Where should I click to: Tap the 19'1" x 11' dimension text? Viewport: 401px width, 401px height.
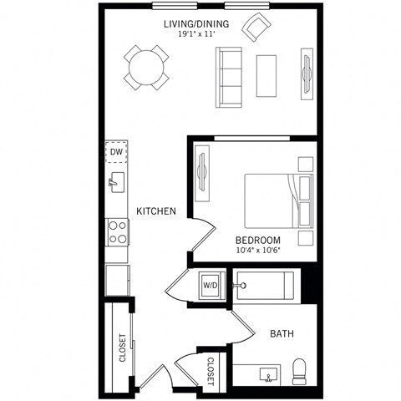click(191, 34)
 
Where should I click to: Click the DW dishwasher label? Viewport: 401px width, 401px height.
click(116, 153)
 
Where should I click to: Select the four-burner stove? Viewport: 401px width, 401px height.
click(117, 231)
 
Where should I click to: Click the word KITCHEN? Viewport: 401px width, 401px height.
click(156, 211)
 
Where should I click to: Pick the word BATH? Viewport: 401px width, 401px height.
click(281, 334)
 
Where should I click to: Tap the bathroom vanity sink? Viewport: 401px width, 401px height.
click(268, 375)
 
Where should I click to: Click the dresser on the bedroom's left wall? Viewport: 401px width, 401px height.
click(201, 174)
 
